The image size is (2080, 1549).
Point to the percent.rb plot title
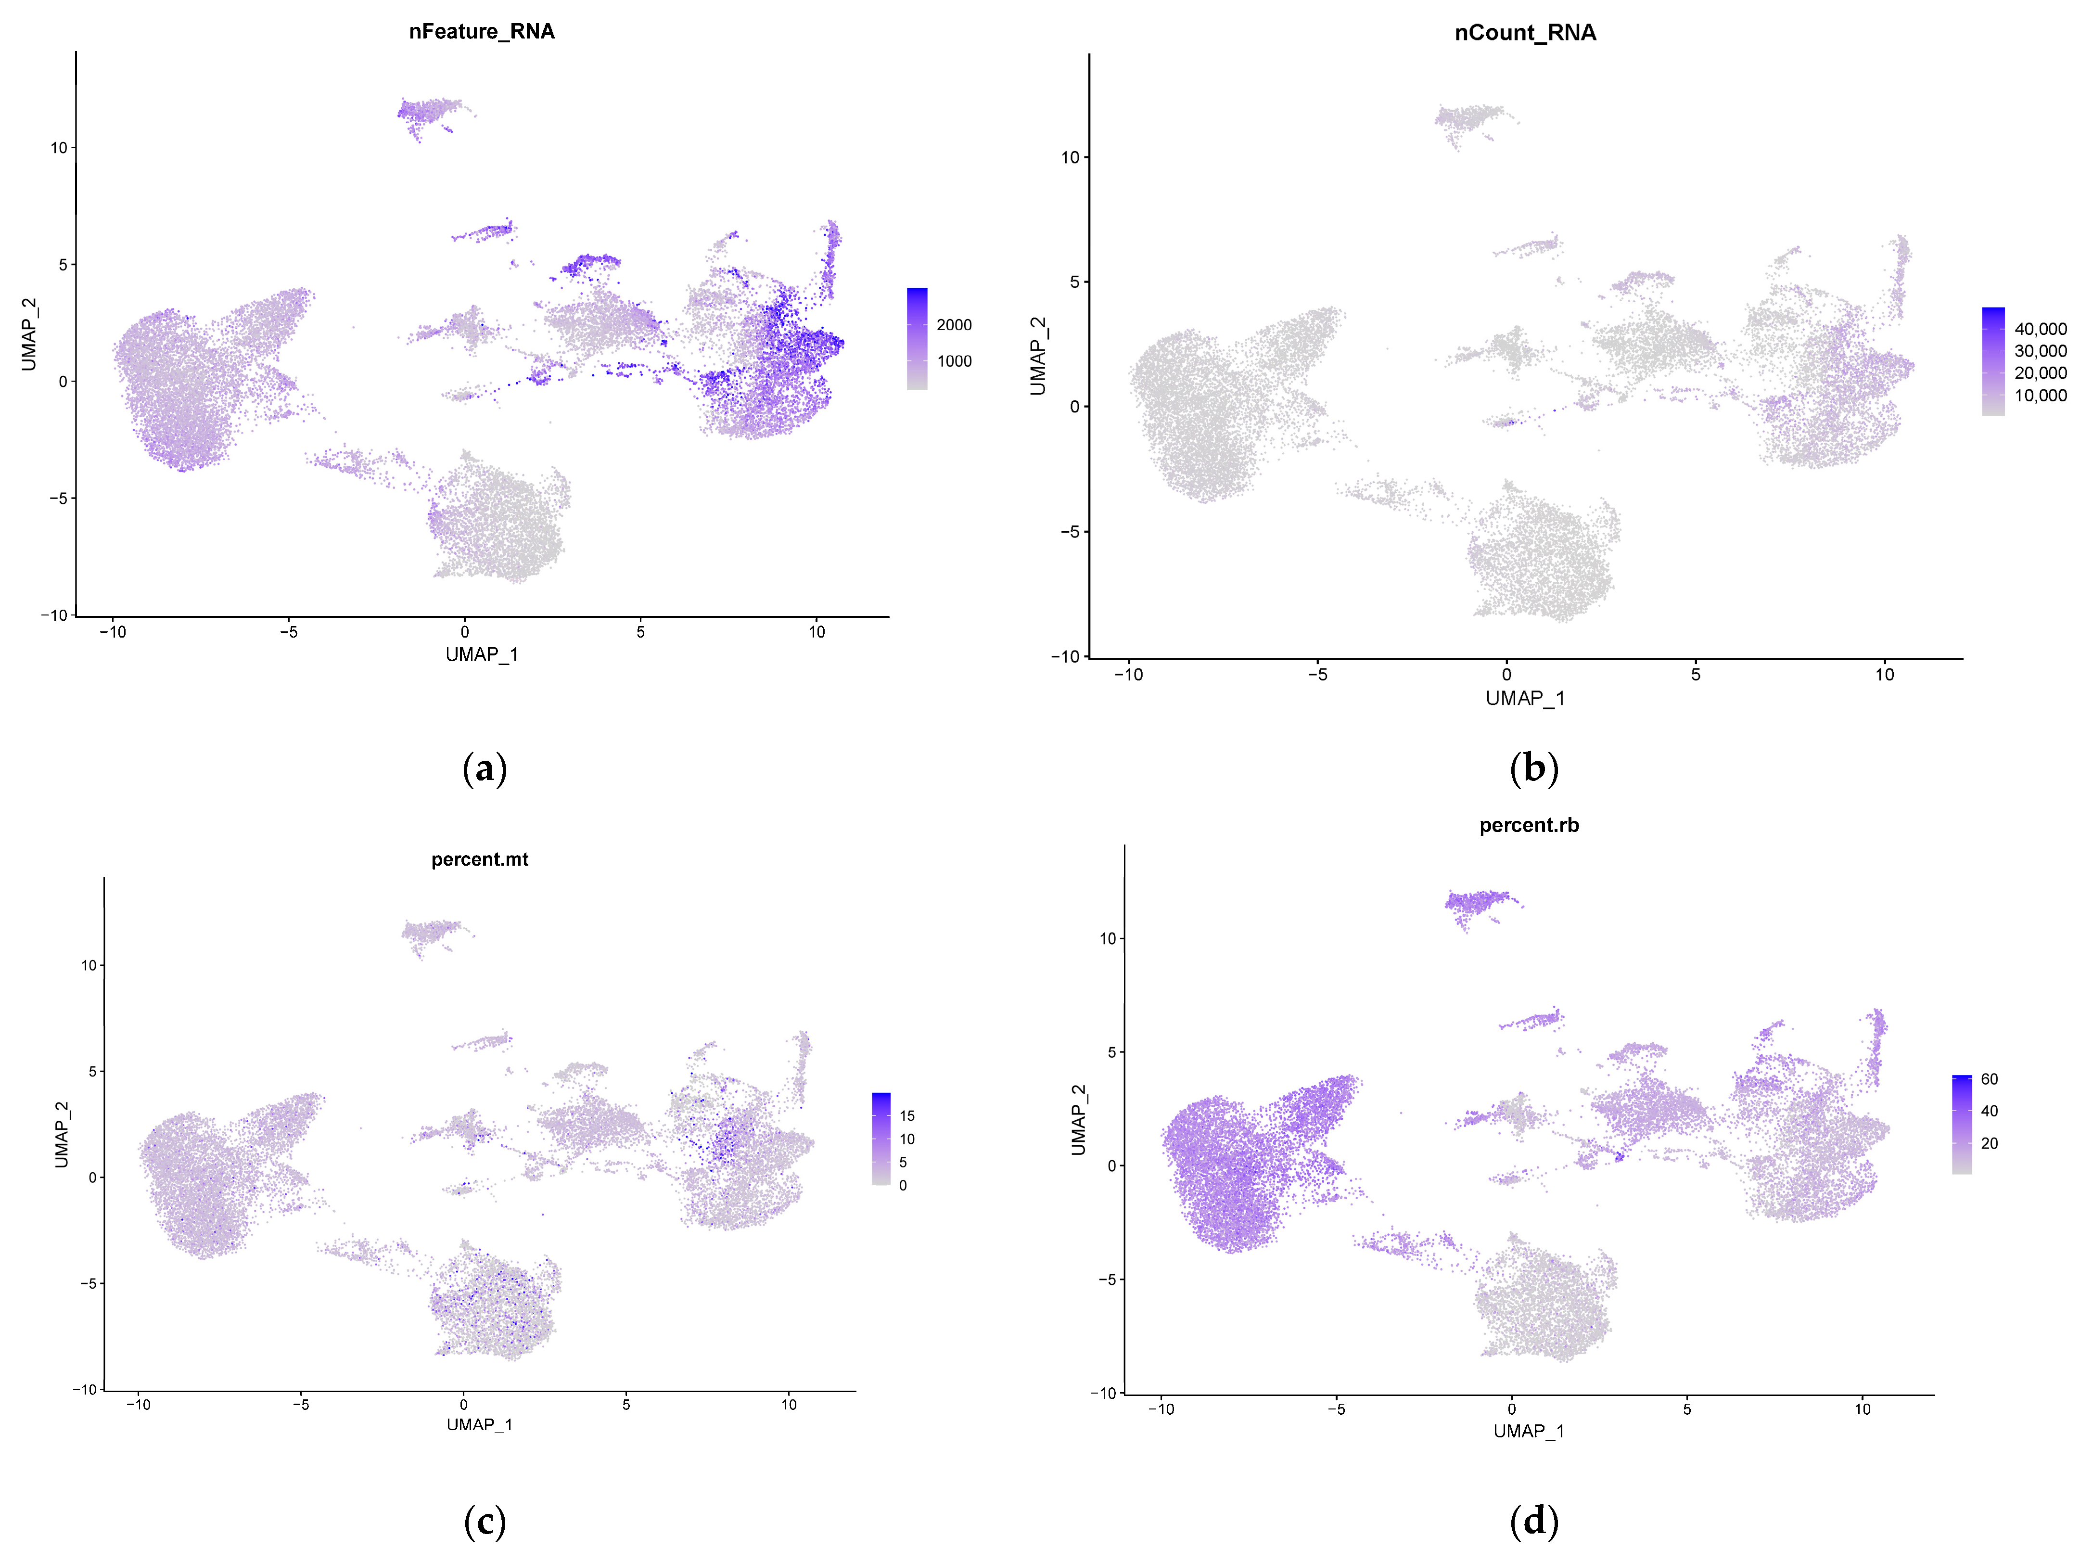click(x=1528, y=825)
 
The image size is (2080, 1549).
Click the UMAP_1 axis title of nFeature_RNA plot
click(x=482, y=654)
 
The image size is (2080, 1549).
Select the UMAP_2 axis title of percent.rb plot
click(x=1078, y=1120)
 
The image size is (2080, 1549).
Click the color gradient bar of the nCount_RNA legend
click(x=1993, y=361)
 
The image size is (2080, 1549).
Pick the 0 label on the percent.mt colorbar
click(x=903, y=1185)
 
